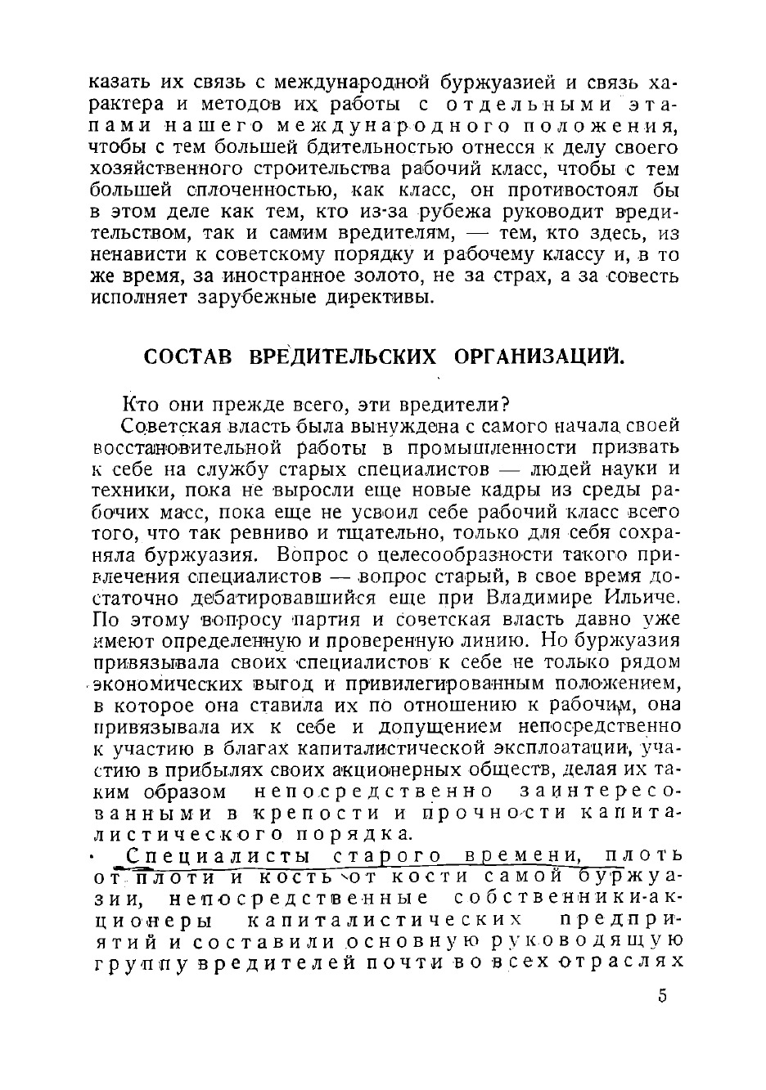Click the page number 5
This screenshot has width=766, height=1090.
pos(663,996)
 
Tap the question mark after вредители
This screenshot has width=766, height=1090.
pos(506,405)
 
